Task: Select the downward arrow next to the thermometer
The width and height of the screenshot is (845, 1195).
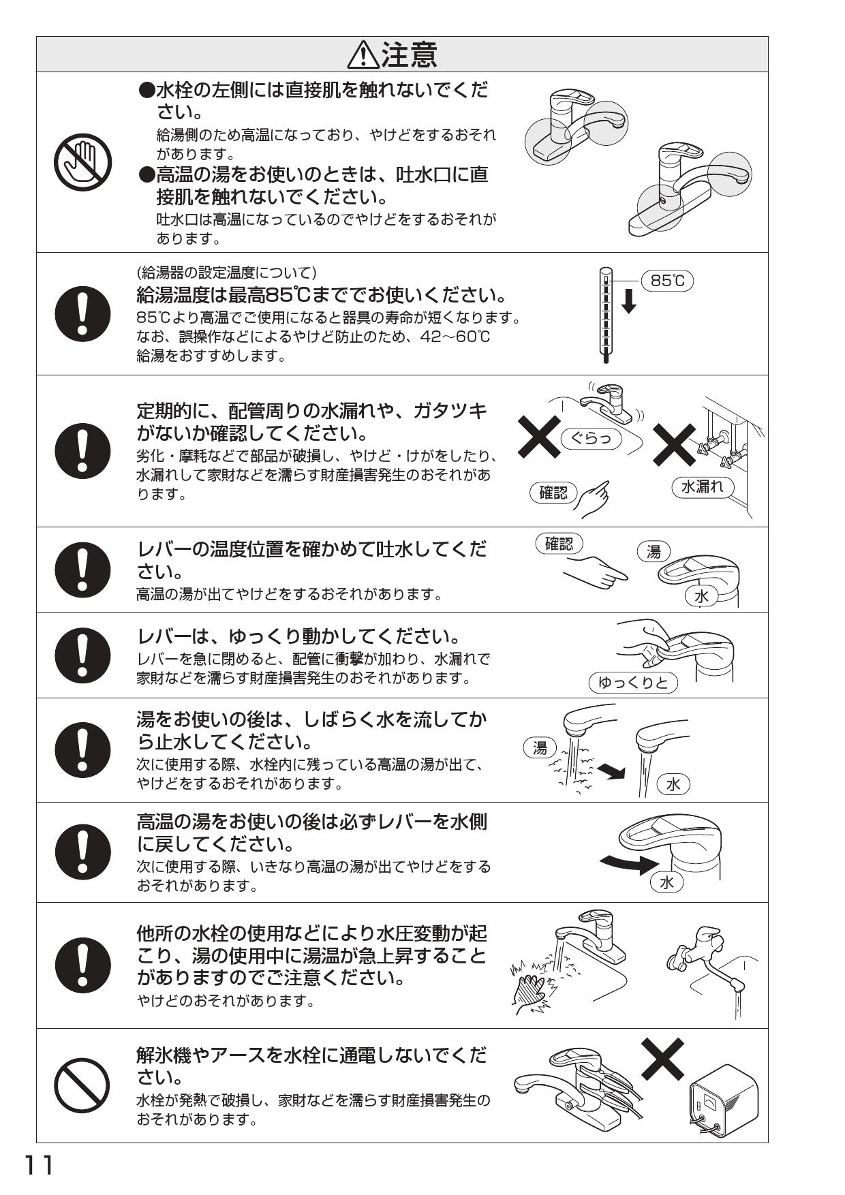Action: click(x=629, y=300)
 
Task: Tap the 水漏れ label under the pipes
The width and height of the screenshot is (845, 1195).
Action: click(x=703, y=486)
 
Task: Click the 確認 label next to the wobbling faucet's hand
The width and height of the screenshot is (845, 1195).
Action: click(x=553, y=493)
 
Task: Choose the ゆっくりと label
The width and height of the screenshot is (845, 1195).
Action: click(x=633, y=682)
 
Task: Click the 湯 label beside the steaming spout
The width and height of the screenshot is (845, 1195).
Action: click(x=540, y=748)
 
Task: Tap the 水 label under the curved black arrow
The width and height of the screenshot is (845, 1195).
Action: click(x=666, y=882)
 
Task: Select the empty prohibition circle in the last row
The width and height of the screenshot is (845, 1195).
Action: click(x=82, y=1085)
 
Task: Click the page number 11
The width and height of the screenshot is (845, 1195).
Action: click(x=39, y=1166)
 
